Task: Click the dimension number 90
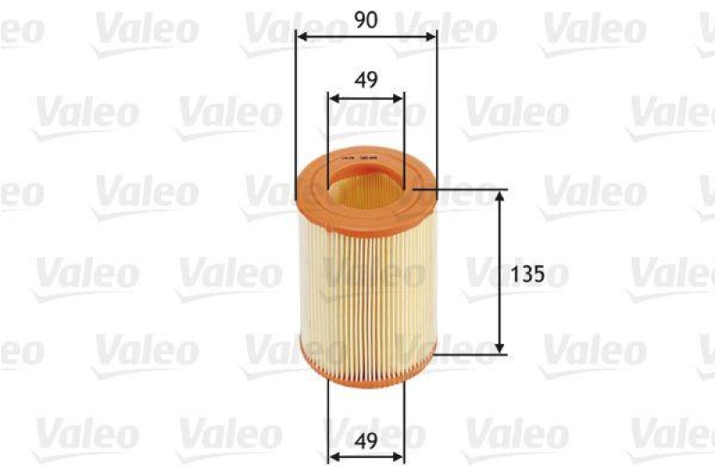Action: pos(366,19)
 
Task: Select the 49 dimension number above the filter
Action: pos(366,79)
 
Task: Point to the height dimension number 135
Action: pos(528,273)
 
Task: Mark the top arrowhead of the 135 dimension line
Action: pos(499,196)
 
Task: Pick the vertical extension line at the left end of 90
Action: pos(295,107)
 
